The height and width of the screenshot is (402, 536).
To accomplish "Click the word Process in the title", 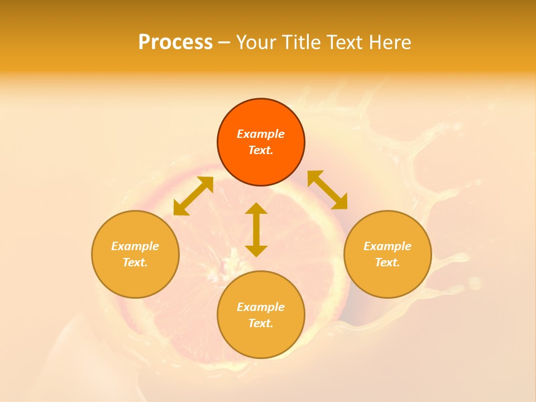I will click(175, 42).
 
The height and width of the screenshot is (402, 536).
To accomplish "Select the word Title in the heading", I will click(300, 42).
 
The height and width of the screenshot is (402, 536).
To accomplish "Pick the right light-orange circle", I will click(387, 276).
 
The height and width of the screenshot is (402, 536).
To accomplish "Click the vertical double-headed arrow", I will click(256, 229).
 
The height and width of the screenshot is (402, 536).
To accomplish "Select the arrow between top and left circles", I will click(193, 196).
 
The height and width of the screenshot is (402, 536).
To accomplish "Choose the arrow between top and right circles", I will click(327, 190).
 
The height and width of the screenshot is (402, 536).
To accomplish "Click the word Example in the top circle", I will click(261, 134).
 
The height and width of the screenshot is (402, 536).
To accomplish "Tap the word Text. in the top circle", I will click(261, 150).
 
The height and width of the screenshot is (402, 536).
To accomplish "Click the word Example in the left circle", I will click(135, 246).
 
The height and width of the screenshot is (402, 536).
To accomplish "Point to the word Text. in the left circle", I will click(135, 262).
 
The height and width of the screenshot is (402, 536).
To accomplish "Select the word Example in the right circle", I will click(387, 246).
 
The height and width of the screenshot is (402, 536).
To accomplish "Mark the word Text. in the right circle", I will click(387, 262).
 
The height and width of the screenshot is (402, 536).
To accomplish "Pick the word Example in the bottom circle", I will click(261, 307).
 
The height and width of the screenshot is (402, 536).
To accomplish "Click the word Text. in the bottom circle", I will click(261, 323).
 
